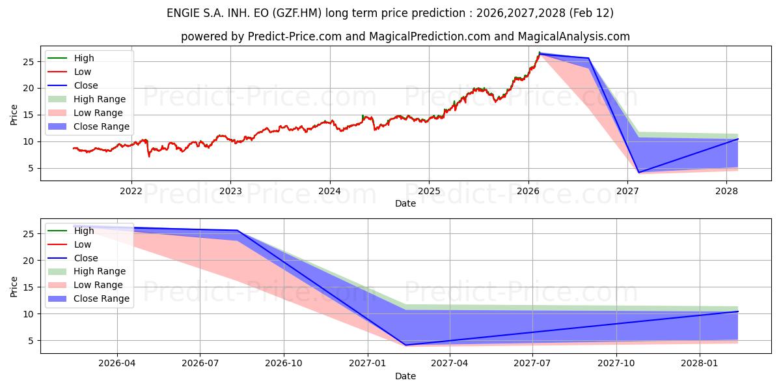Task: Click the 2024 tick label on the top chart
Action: tap(329, 191)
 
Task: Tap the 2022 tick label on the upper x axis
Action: tap(131, 191)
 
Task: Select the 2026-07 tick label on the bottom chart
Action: tap(200, 364)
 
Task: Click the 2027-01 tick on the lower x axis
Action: tap(368, 364)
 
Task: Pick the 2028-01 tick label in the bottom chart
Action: tap(700, 364)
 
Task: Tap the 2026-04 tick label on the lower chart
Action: tap(117, 364)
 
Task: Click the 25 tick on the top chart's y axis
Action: tap(28, 62)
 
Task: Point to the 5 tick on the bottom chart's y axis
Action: tap(31, 341)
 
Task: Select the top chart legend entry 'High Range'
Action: tap(100, 99)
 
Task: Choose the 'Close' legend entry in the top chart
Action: tap(86, 85)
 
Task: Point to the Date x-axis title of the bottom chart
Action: tap(405, 376)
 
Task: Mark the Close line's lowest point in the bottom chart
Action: tap(405, 345)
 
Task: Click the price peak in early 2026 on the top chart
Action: tap(540, 53)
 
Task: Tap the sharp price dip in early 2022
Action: tap(149, 156)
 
